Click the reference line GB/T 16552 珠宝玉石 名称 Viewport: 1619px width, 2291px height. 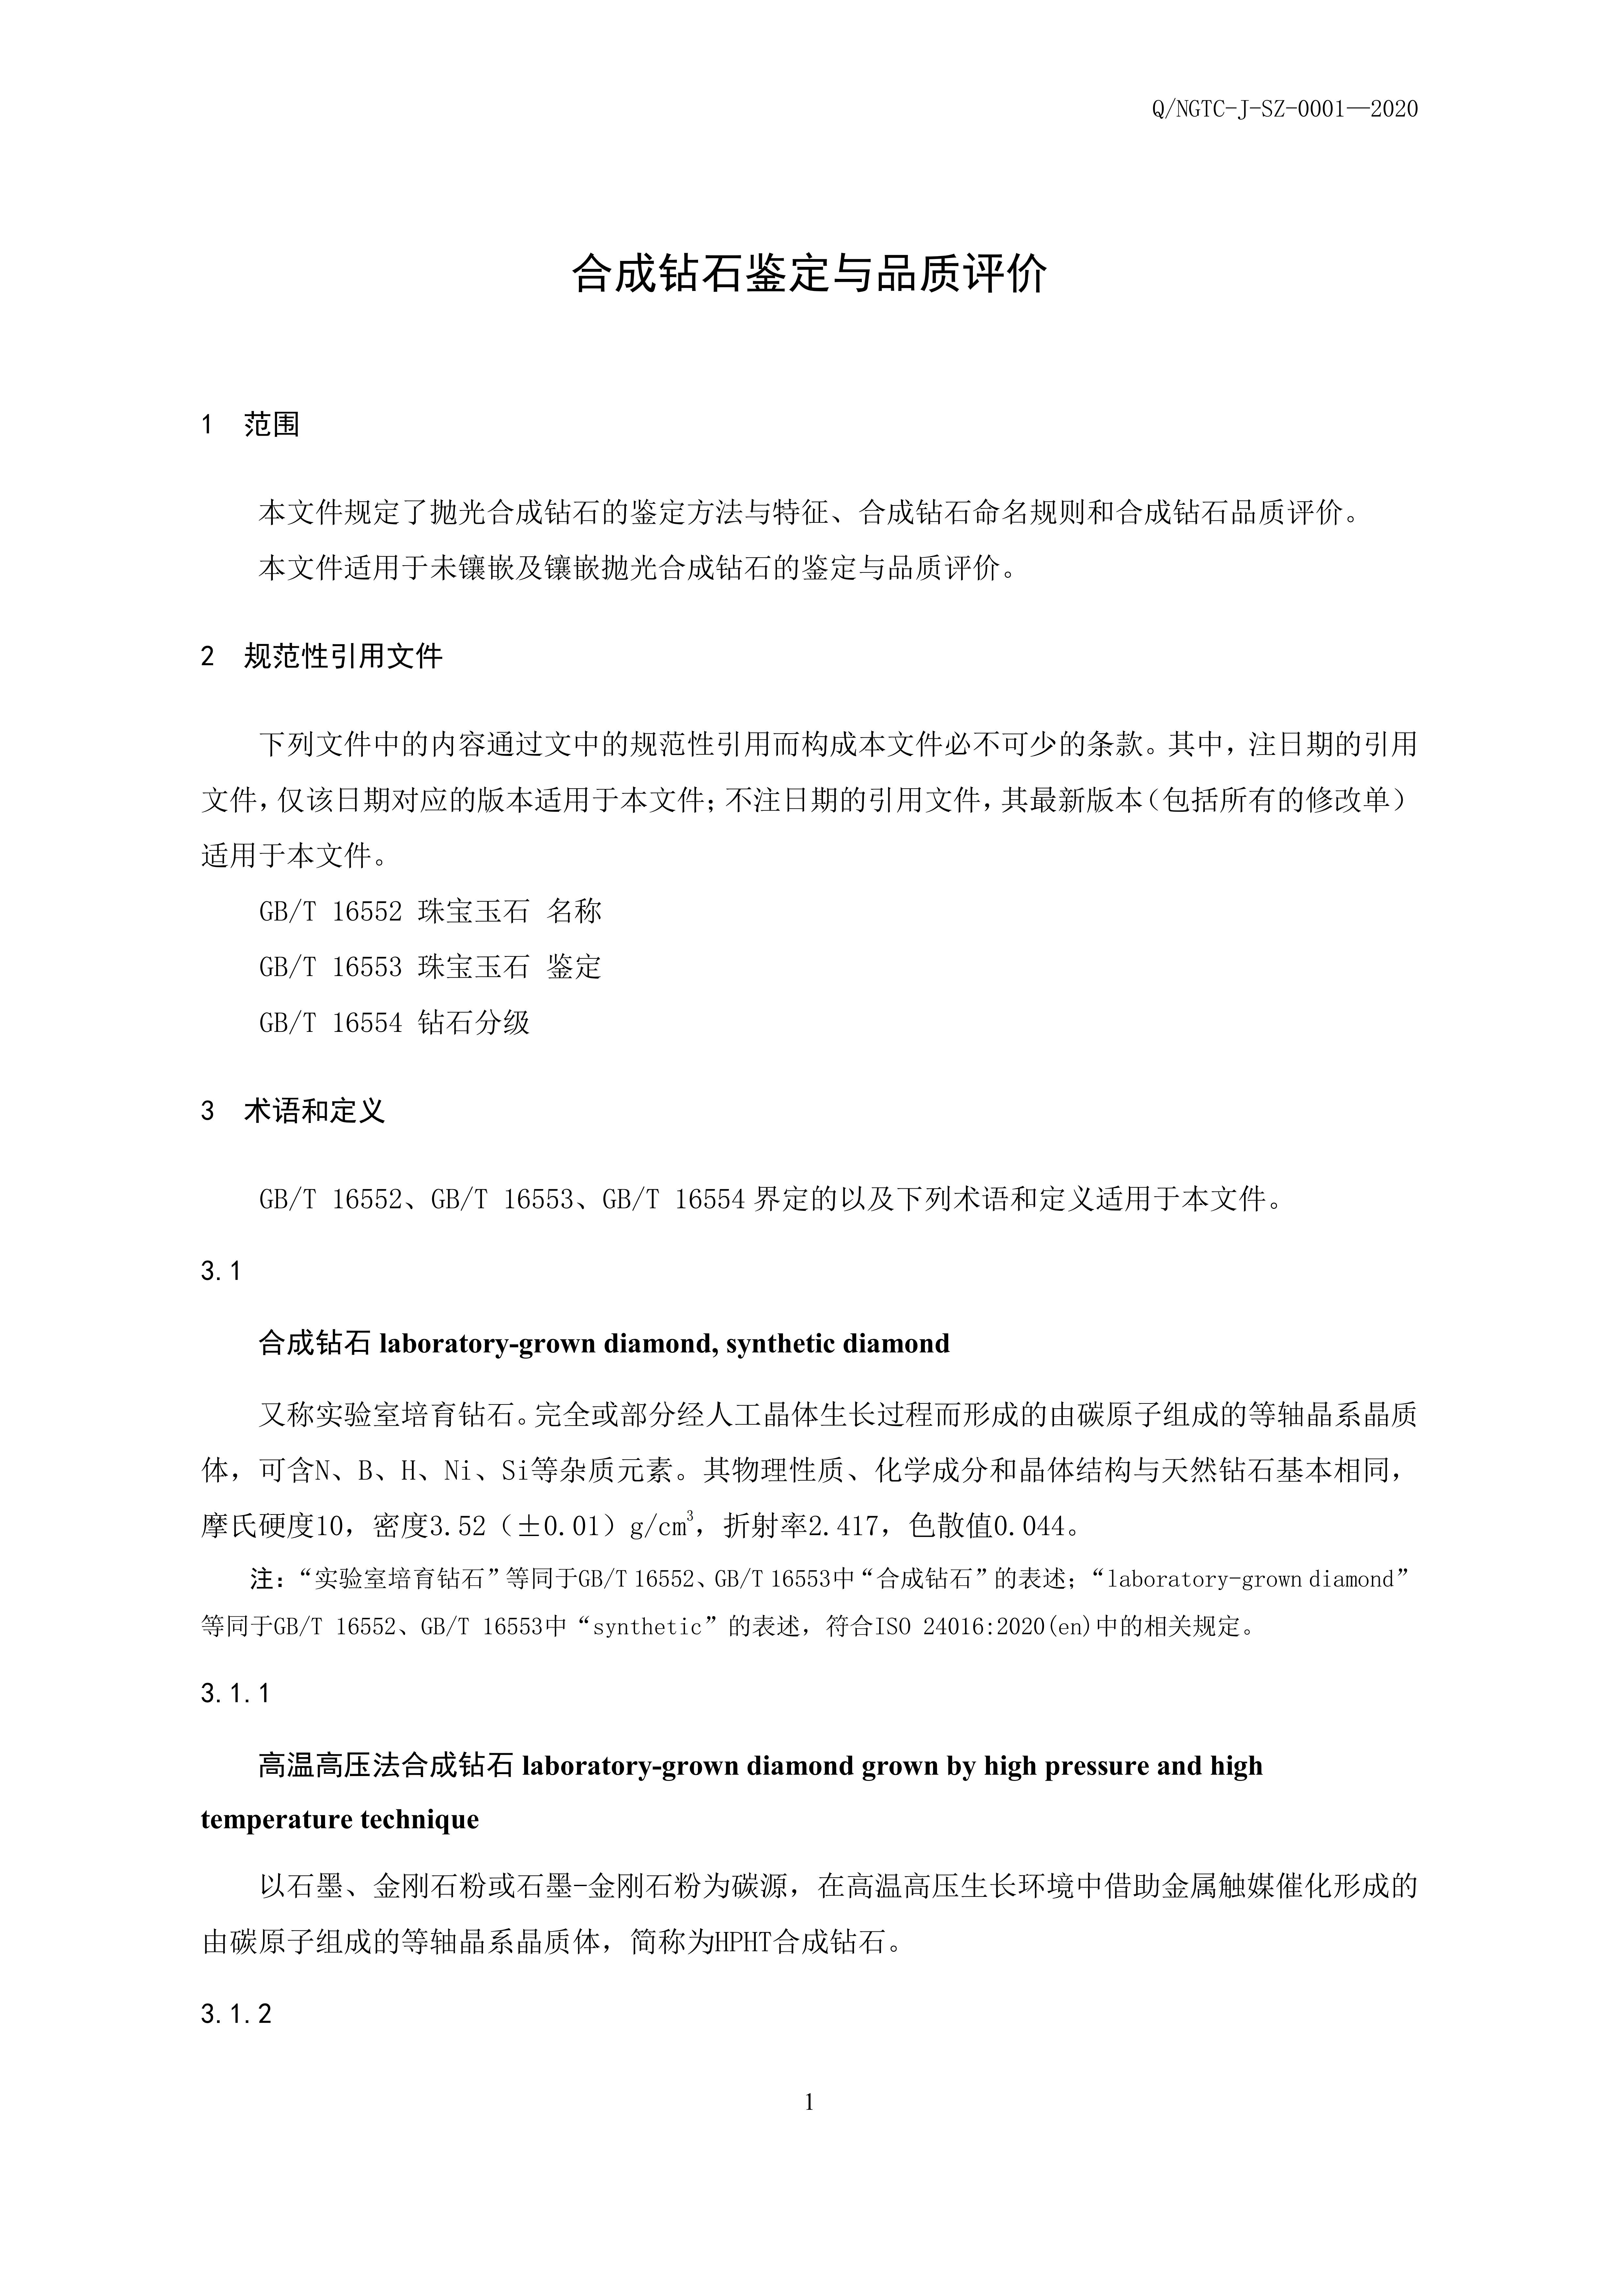(x=430, y=911)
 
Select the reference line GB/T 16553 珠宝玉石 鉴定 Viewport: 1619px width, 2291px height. (x=430, y=967)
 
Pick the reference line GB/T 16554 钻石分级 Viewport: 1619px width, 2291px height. (x=394, y=1023)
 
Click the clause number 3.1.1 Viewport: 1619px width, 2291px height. (x=235, y=1693)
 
